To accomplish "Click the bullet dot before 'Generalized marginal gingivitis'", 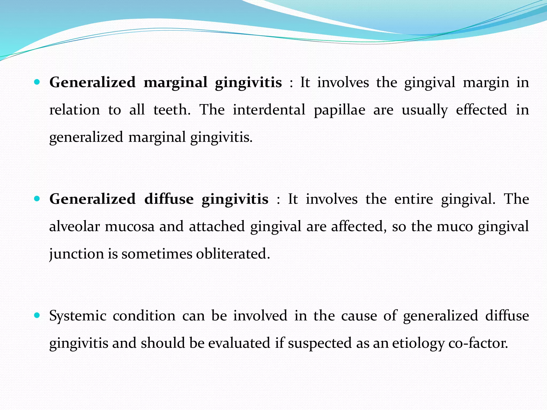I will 37,82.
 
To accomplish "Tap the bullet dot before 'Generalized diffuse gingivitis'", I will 37,199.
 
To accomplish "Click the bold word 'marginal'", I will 175,83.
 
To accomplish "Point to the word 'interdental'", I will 269,110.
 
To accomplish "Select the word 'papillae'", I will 339,110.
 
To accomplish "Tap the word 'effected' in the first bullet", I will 481,110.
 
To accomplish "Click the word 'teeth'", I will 172,110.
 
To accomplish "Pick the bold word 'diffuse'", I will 169,199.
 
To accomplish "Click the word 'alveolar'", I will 75,226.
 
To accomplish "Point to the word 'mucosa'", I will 130,227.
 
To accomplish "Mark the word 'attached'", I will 217,226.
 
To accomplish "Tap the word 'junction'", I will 76,254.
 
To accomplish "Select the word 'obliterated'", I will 233,254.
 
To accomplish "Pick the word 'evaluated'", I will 239,343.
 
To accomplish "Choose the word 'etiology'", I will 418,344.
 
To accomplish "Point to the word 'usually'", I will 425,110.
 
